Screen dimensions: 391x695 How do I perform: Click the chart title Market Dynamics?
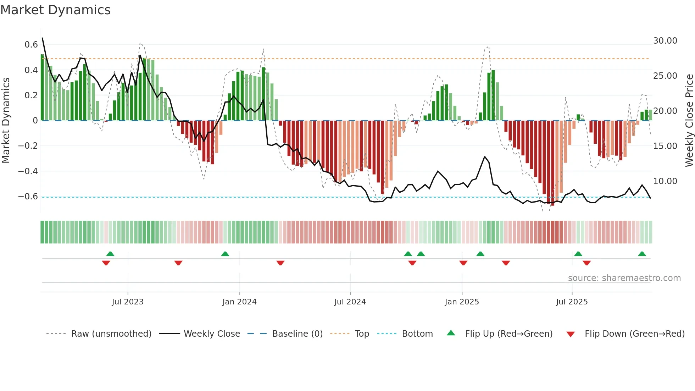[x=55, y=10]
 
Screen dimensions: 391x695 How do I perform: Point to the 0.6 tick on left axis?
[x=31, y=45]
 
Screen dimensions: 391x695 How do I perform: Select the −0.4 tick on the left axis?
[x=28, y=171]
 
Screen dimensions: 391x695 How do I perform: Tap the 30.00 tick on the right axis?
[x=665, y=41]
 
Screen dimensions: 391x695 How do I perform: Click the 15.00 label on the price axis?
[x=665, y=146]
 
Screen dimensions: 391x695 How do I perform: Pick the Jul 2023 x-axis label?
[x=128, y=302]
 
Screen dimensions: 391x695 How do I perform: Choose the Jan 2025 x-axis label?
[x=462, y=302]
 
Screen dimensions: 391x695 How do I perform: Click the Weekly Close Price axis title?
[x=689, y=121]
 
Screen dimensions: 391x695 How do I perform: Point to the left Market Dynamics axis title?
[x=6, y=121]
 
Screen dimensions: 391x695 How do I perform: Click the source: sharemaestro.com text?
[x=624, y=278]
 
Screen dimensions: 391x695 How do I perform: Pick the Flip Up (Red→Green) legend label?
[x=508, y=334]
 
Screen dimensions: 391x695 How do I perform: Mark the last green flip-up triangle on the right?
[x=642, y=254]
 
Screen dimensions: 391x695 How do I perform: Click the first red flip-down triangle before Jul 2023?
[x=106, y=263]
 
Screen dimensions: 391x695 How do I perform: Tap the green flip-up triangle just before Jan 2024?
[x=225, y=254]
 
